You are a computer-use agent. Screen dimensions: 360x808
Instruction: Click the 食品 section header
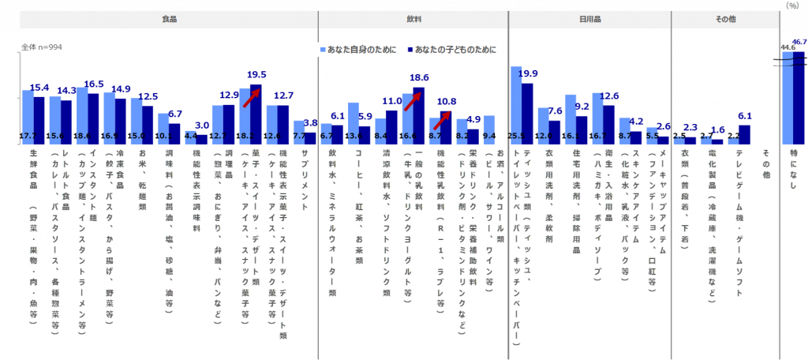pyautogui.click(x=168, y=19)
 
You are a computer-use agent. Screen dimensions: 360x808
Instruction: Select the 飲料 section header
pyautogui.click(x=413, y=19)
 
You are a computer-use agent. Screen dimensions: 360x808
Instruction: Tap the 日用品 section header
pyautogui.click(x=589, y=19)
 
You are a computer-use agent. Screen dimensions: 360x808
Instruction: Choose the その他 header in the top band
pyautogui.click(x=725, y=19)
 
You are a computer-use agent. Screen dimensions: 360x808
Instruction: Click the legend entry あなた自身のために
pyautogui.click(x=357, y=50)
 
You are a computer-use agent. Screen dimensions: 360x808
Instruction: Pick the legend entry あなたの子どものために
pyautogui.click(x=455, y=50)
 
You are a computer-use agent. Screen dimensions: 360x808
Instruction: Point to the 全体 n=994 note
pyautogui.click(x=41, y=47)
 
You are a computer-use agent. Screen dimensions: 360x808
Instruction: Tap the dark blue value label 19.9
pyautogui.click(x=528, y=73)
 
